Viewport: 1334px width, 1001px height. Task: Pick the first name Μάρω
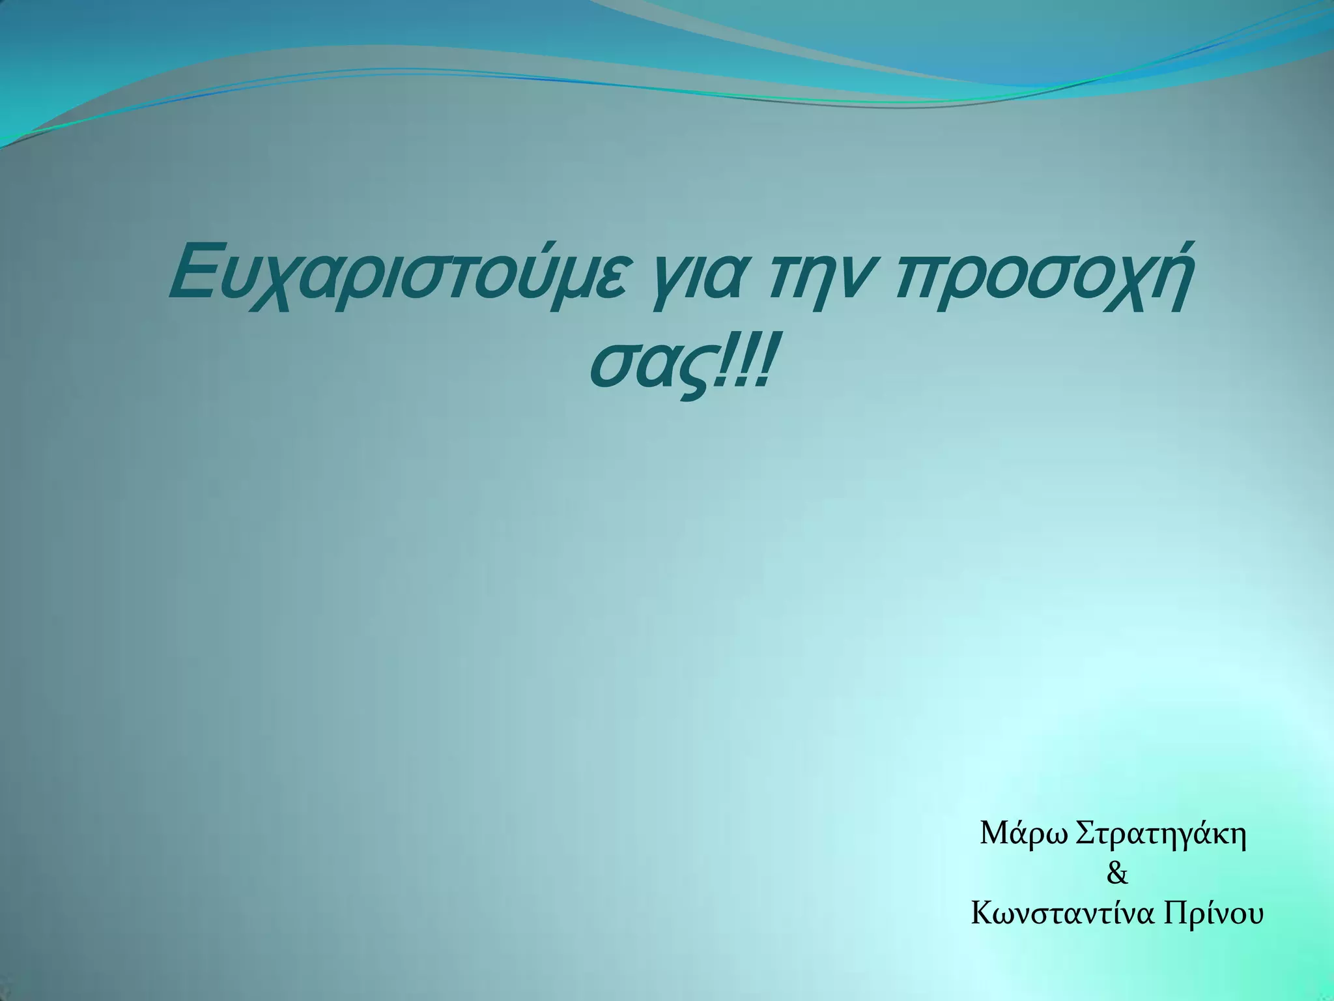[1024, 834]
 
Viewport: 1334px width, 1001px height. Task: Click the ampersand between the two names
[1117, 874]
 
